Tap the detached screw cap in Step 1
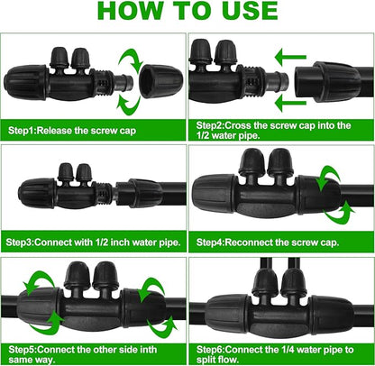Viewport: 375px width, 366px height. point(161,81)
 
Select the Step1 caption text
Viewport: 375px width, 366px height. point(72,131)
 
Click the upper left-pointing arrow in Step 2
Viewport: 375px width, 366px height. point(290,57)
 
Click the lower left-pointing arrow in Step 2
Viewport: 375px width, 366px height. point(290,103)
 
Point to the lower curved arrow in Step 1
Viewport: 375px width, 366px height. point(129,105)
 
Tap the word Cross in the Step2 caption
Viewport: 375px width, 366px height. point(237,125)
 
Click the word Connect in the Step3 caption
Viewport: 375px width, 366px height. point(53,242)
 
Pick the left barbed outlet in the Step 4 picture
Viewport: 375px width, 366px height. point(252,164)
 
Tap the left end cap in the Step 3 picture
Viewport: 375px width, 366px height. point(37,193)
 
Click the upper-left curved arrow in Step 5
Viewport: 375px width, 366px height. point(39,283)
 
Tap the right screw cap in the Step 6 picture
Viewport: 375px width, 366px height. point(332,315)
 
